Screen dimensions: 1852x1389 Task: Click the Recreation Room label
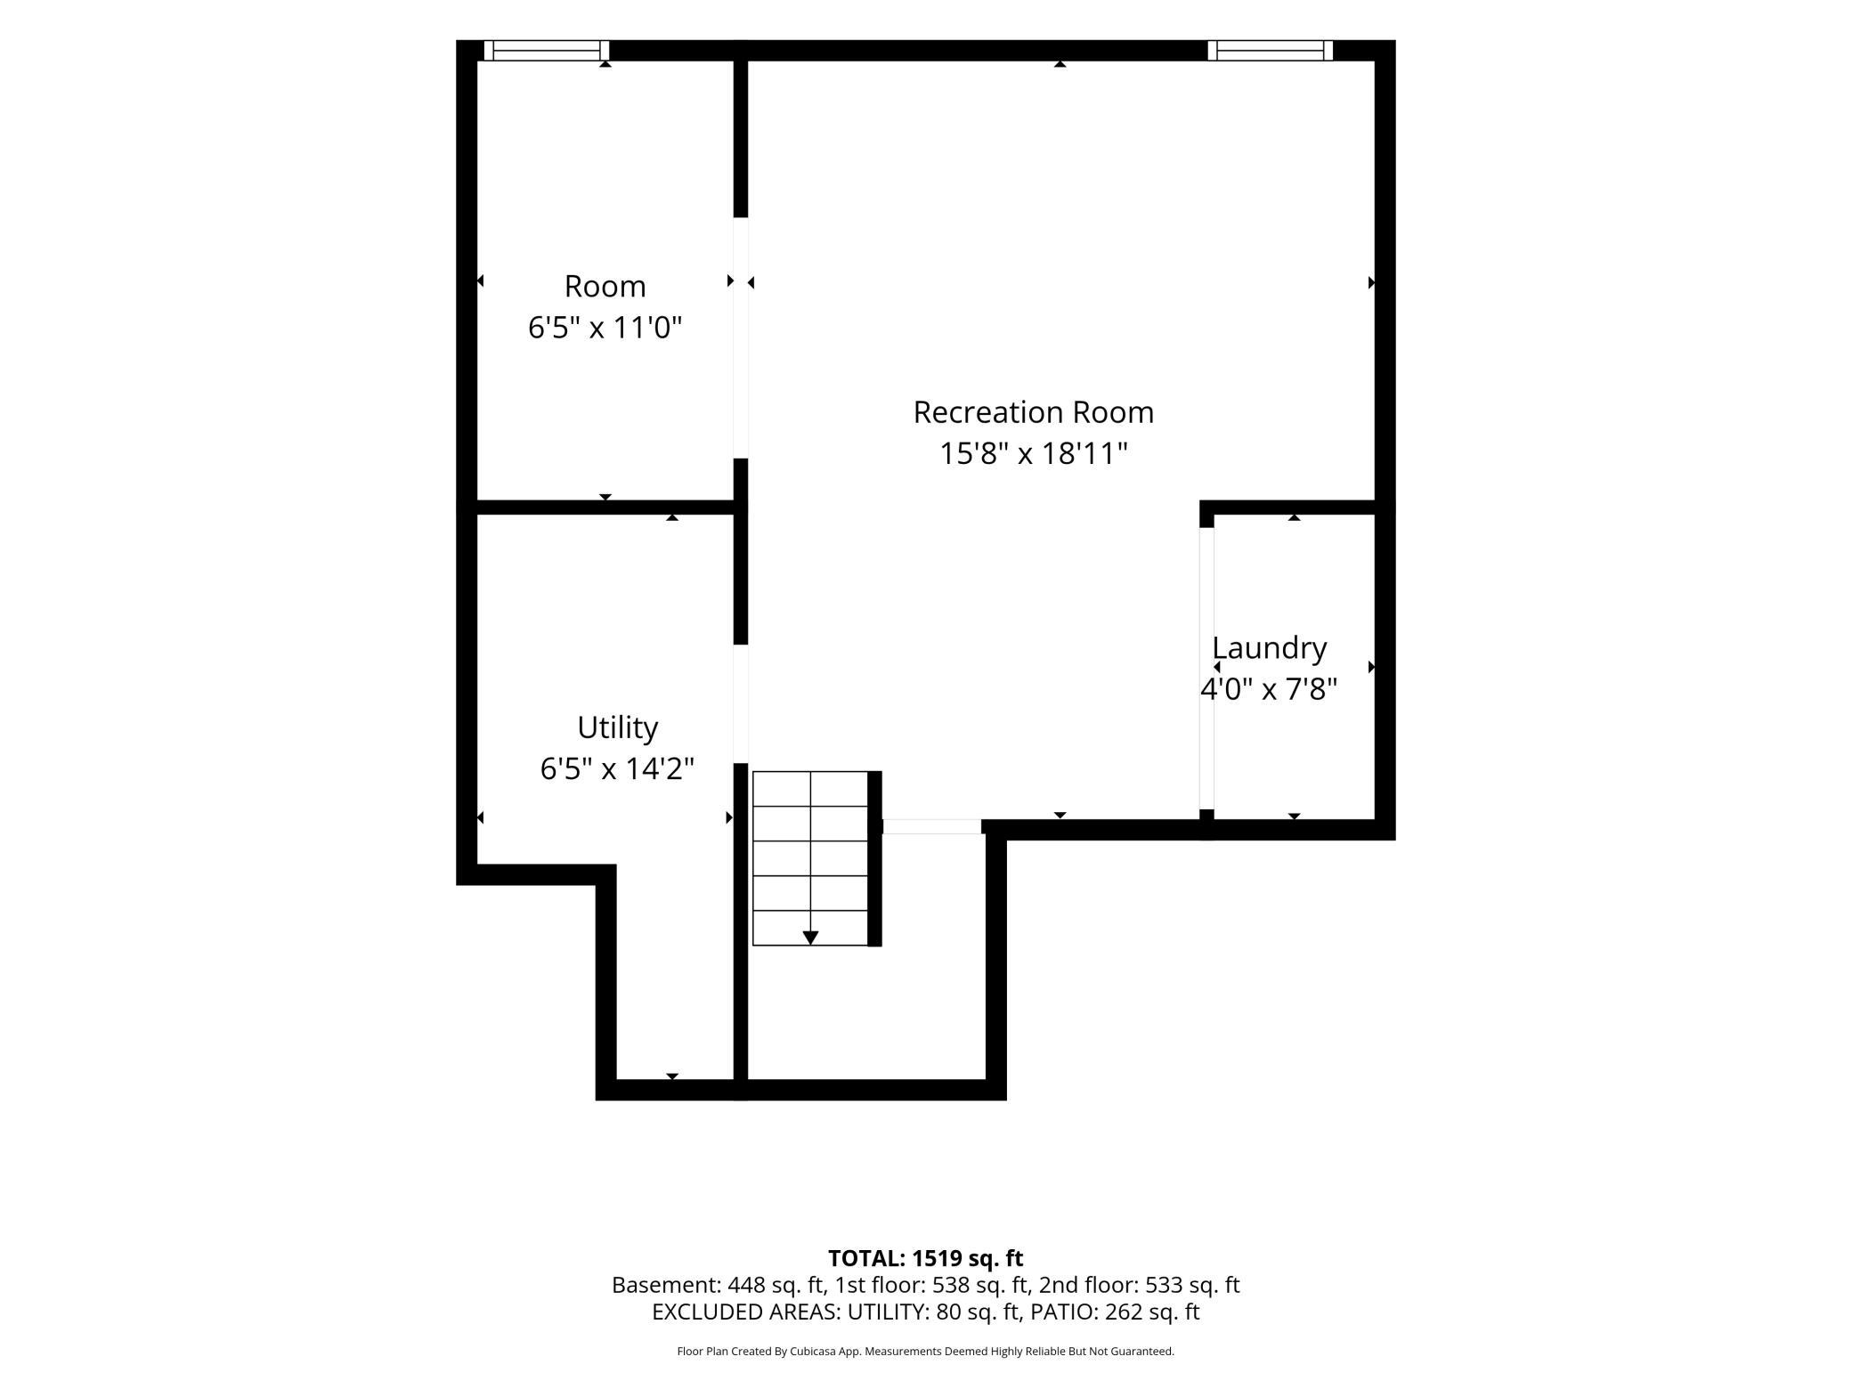1033,412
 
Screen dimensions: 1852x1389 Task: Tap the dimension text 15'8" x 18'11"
1033,454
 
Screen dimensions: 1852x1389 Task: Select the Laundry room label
1269,648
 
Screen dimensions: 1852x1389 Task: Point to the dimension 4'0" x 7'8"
1269,689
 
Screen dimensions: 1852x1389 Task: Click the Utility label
617,728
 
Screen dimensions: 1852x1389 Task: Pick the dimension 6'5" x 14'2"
617,768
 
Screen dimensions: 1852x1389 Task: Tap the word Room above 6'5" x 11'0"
605,287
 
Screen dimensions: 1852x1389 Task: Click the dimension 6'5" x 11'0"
605,328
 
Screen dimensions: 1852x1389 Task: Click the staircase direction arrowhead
810,938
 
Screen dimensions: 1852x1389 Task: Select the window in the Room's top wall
547,50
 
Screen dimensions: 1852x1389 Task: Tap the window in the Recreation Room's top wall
1270,50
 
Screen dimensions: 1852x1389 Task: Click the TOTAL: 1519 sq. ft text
925,1258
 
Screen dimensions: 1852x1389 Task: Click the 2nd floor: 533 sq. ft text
1139,1285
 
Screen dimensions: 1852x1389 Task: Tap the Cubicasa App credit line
925,1352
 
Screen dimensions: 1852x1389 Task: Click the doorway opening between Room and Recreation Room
741,337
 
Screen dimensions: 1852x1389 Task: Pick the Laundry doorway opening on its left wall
1206,669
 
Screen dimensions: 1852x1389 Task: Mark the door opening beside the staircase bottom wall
931,826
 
